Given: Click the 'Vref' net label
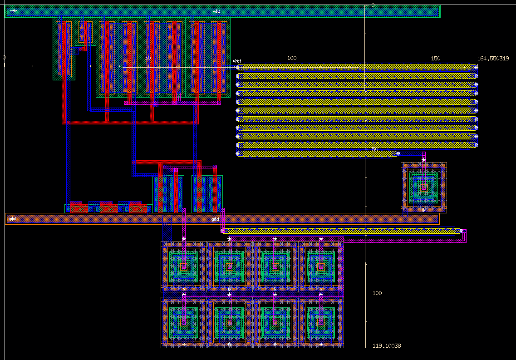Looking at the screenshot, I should click(x=237, y=61).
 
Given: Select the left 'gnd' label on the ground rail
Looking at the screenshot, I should click(x=12, y=219).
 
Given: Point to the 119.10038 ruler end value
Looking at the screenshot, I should click(x=386, y=346).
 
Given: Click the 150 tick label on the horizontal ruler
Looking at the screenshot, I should click(x=435, y=59).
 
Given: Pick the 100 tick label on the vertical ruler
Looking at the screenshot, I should click(x=377, y=293).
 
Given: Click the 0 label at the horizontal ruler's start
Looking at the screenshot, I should click(x=4, y=58).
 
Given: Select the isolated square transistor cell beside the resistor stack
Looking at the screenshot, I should click(x=424, y=187).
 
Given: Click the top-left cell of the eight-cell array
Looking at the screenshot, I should click(x=184, y=266).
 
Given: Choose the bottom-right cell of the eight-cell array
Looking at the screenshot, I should click(x=321, y=322).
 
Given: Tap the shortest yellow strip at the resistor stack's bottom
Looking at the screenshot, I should click(x=317, y=154).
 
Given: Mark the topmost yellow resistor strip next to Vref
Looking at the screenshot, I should click(x=357, y=67).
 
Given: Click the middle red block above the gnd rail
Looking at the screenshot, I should click(x=108, y=209).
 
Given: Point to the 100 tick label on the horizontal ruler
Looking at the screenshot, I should click(x=292, y=58).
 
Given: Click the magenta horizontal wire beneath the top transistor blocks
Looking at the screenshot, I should click(x=172, y=103).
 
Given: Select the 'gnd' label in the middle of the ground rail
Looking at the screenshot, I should click(x=215, y=219).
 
